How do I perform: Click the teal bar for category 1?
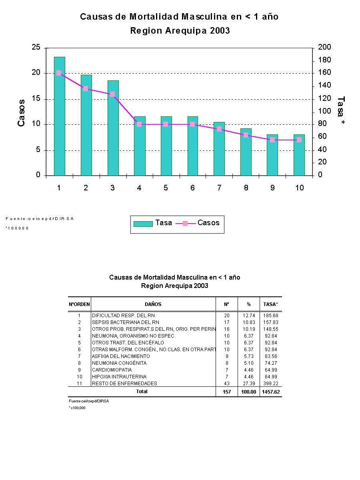pos(59,116)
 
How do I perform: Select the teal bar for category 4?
pos(140,146)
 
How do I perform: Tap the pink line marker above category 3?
pos(112,94)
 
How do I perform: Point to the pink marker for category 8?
pos(246,135)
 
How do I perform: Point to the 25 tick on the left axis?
pos(36,48)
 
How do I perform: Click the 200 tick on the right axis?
pos(324,48)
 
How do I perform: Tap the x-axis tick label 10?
pos(299,188)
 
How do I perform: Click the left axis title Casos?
pos(22,113)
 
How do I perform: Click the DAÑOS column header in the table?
pos(153,304)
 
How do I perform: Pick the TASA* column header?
pos(270,304)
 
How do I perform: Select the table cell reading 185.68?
pos(270,316)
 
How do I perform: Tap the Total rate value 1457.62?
pos(270,392)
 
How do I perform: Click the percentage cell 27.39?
pos(248,384)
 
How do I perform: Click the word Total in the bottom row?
pos(142,392)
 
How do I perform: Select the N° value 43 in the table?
pos(227,384)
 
